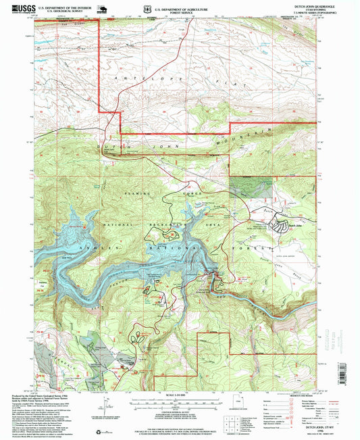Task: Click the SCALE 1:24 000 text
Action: [x=178, y=395]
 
